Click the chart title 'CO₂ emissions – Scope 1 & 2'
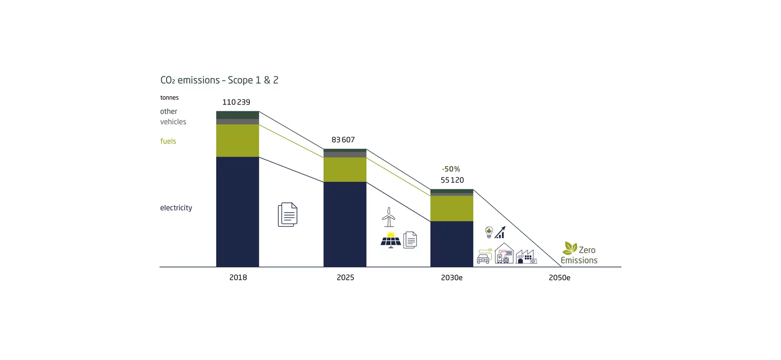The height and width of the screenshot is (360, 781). pos(219,81)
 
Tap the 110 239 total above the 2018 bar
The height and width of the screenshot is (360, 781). pos(236,102)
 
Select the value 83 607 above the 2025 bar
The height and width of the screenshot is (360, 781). pos(343,140)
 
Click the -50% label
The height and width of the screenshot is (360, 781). pos(450,169)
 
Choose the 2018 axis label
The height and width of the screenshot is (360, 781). pos(238,278)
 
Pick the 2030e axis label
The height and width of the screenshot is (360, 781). pos(452,278)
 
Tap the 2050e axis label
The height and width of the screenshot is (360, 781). pos(559,278)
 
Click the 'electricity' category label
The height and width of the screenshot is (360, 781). pos(176,208)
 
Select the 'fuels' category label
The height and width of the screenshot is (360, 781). pos(168,141)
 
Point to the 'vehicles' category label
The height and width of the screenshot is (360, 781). pos(173,122)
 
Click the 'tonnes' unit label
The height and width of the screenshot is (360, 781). pos(169,98)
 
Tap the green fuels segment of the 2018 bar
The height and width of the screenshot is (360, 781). pos(237,140)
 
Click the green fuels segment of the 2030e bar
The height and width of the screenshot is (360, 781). pos(452,208)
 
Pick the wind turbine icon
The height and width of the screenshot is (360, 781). pos(388,217)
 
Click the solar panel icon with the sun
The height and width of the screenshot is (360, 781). pos(390,240)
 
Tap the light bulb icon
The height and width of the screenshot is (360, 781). pos(488,232)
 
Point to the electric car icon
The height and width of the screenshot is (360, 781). pos(483,257)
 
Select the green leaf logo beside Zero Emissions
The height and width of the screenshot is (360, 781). pos(570,248)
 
